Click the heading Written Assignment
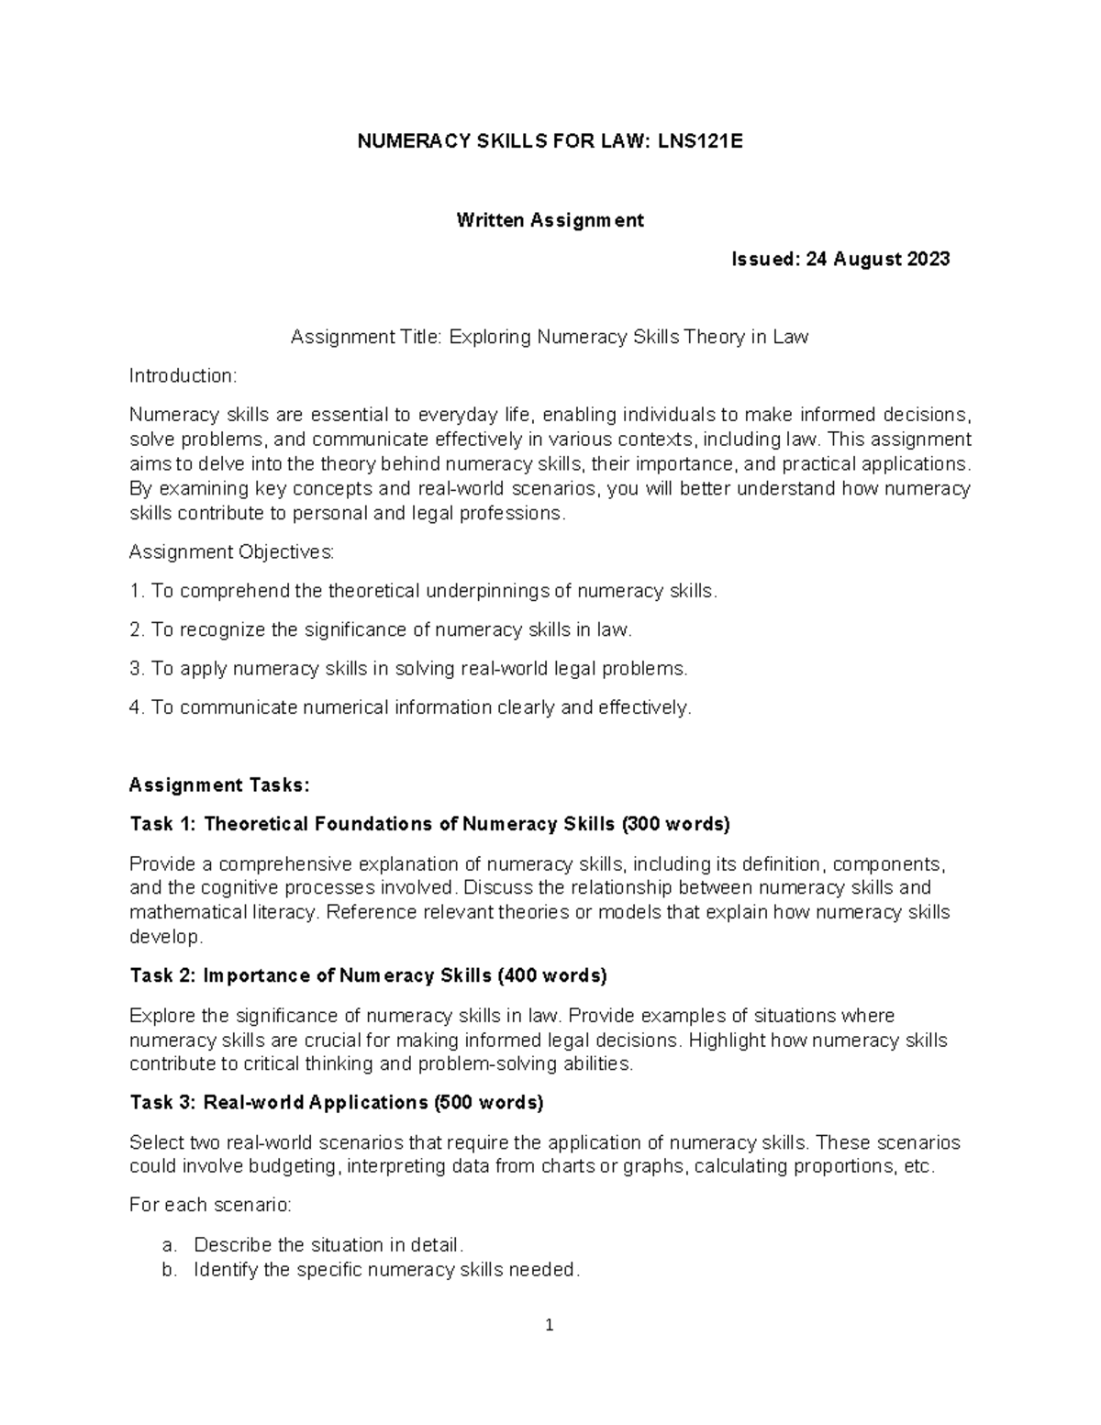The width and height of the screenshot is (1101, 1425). [550, 220]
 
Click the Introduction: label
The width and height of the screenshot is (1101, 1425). [183, 376]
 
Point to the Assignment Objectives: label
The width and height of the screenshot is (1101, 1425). [232, 552]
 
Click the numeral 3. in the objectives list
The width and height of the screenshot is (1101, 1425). [138, 669]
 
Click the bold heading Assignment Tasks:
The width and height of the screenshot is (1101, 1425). [220, 785]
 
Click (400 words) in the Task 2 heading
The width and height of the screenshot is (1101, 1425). [552, 976]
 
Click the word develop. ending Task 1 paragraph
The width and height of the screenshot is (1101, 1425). [165, 937]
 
